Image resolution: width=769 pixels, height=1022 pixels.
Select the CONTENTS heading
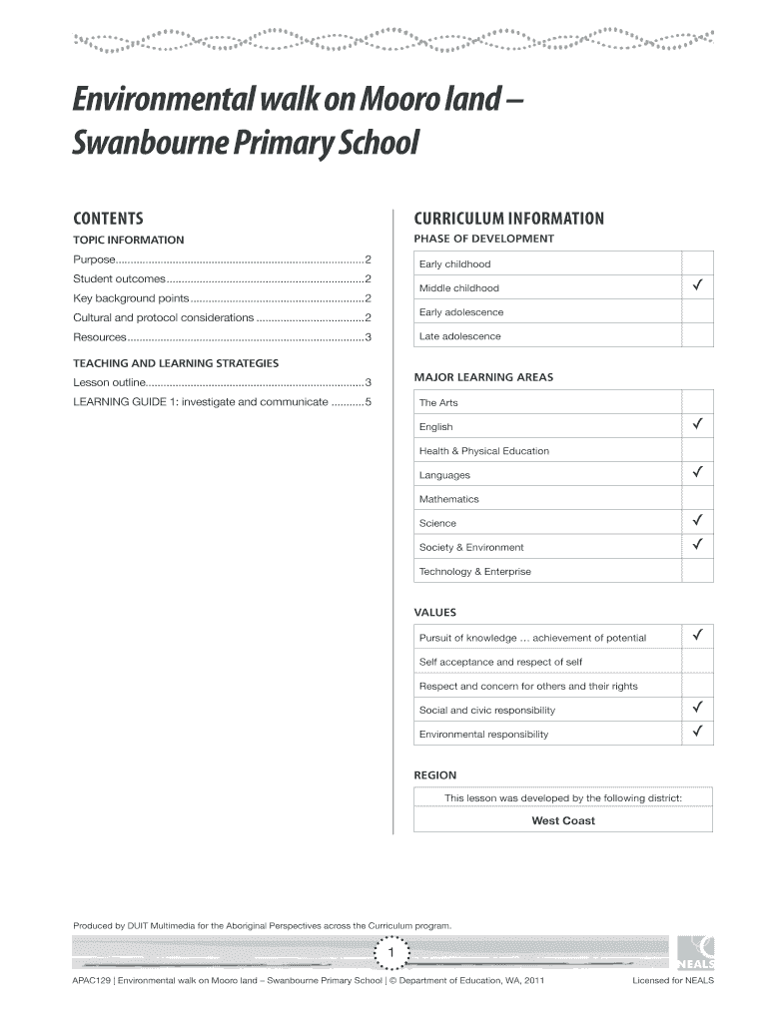(109, 219)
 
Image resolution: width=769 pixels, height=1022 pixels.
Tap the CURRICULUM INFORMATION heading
(508, 219)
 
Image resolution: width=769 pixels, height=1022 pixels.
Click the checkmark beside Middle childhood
(698, 287)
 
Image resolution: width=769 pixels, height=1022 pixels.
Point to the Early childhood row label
(455, 264)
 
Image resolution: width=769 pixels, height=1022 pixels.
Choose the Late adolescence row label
(460, 336)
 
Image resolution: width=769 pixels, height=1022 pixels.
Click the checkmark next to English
(698, 426)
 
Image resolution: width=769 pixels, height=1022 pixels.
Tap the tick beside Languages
(698, 474)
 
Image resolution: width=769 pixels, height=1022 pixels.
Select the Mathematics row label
(449, 499)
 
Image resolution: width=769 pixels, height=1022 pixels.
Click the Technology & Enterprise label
(475, 572)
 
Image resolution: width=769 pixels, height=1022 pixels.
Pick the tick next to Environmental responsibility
(698, 734)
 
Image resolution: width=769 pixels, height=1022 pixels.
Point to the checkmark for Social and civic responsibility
(698, 710)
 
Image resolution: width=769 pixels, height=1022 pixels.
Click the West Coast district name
(563, 820)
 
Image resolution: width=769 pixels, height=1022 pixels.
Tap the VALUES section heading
(435, 612)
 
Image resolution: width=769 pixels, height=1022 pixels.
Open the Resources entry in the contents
(98, 337)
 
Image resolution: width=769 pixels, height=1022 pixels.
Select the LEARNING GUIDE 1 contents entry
(200, 401)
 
